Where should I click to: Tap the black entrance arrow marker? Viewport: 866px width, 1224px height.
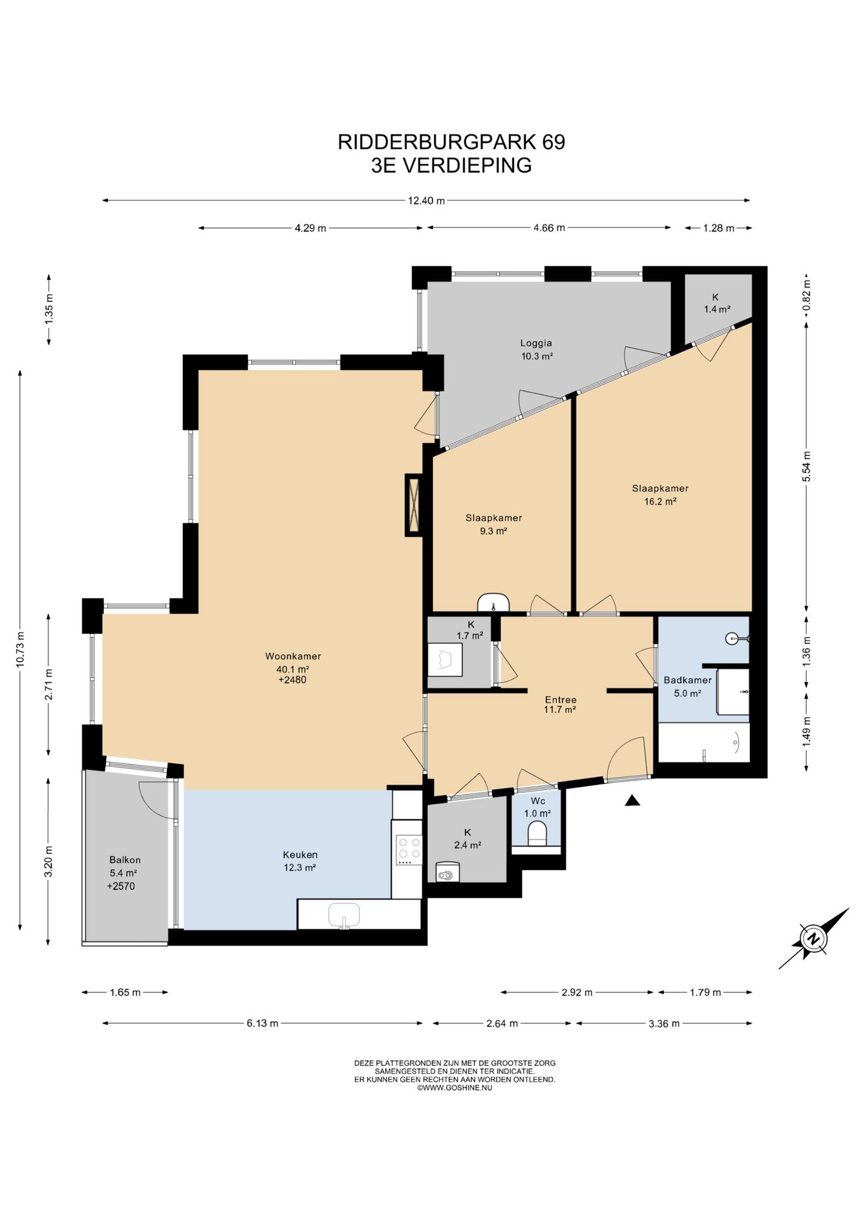(632, 801)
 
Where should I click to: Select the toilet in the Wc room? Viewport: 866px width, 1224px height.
(538, 834)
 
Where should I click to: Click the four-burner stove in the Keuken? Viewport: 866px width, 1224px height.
(409, 850)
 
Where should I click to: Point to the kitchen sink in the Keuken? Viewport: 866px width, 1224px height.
(344, 915)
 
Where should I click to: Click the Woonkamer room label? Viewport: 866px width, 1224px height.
(293, 656)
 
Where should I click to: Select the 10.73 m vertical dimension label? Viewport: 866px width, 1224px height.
(20, 649)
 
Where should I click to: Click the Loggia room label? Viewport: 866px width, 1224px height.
(536, 343)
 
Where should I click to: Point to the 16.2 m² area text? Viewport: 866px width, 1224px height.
(660, 502)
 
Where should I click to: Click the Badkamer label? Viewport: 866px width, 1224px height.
(687, 680)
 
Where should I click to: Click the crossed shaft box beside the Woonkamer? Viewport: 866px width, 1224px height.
(414, 505)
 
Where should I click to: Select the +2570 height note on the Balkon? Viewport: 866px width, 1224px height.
(121, 886)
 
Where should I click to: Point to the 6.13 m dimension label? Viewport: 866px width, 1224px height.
(263, 1023)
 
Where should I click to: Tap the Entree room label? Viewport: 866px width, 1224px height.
(561, 699)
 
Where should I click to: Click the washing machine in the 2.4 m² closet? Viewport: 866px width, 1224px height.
(448, 871)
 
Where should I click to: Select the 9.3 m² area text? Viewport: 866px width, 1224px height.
(494, 531)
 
